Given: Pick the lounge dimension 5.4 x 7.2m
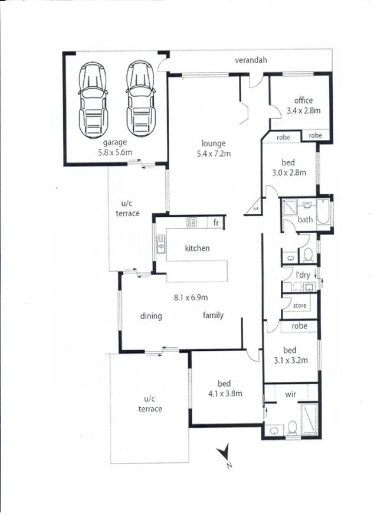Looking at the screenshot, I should tap(213, 154).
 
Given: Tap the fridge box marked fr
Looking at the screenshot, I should tap(216, 223).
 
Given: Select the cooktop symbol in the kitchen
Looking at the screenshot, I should tap(192, 223).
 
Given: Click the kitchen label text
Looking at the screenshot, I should tap(197, 248).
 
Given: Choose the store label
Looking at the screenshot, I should tap(300, 306).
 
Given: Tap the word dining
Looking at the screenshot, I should tap(151, 316).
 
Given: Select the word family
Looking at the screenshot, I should tap(213, 315).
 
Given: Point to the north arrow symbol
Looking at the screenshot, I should tap(224, 454).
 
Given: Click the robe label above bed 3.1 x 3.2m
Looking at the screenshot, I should tap(299, 325).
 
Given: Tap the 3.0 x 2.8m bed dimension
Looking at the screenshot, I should tap(289, 172).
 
